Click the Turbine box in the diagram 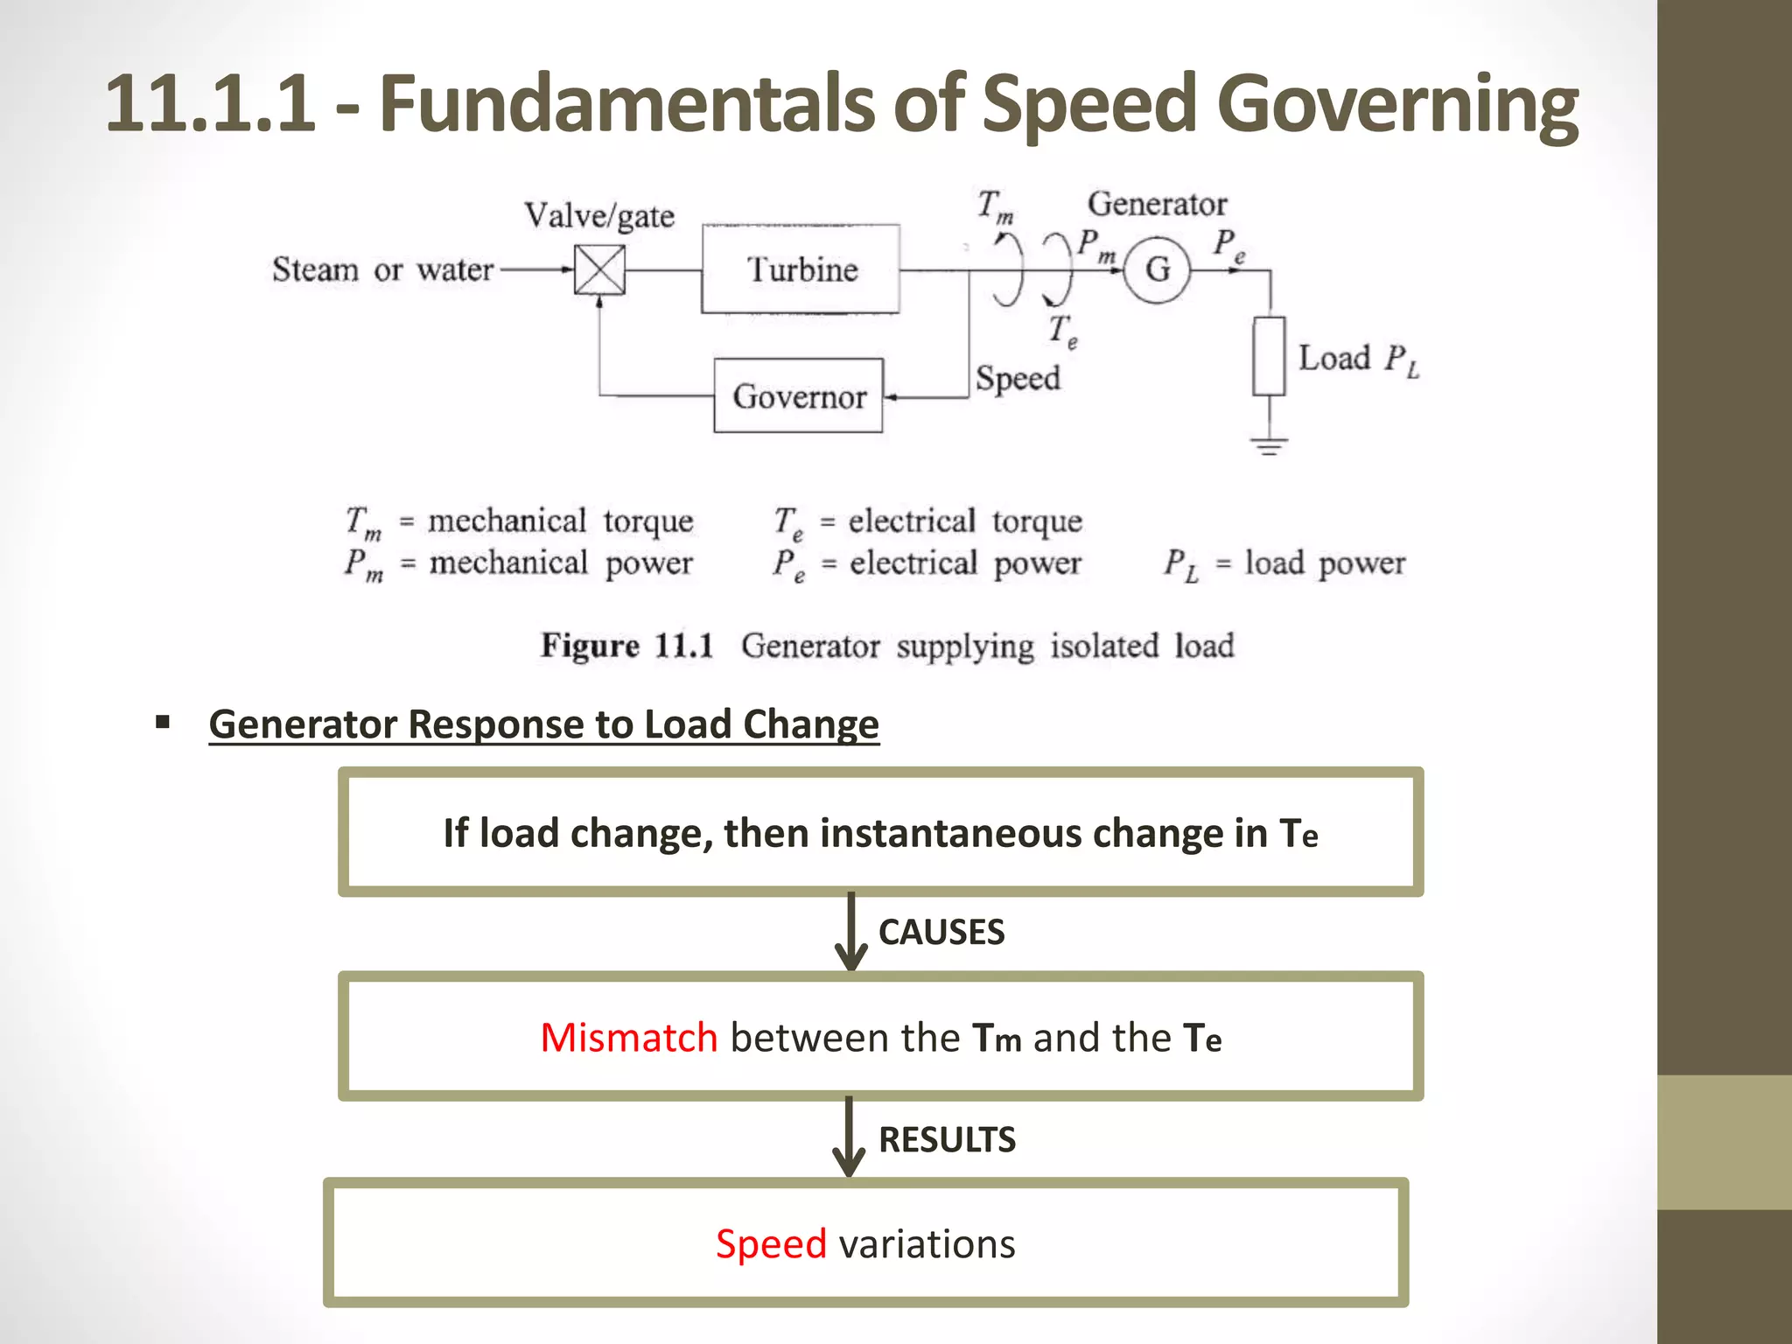(801, 269)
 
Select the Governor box (798, 396)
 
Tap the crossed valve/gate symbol (599, 269)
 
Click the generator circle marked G (1157, 269)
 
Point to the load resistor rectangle (1269, 356)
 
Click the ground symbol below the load (1269, 445)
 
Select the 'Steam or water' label (382, 269)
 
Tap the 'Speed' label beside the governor (1018, 378)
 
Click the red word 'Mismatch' (628, 1038)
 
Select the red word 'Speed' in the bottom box (771, 1243)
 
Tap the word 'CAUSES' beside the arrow (941, 933)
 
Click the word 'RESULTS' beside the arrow (947, 1140)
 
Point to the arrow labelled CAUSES (850, 933)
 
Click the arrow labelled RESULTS (849, 1137)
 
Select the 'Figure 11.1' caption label (626, 646)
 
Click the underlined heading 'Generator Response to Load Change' (543, 724)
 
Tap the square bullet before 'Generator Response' (163, 723)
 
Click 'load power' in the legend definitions (1325, 563)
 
